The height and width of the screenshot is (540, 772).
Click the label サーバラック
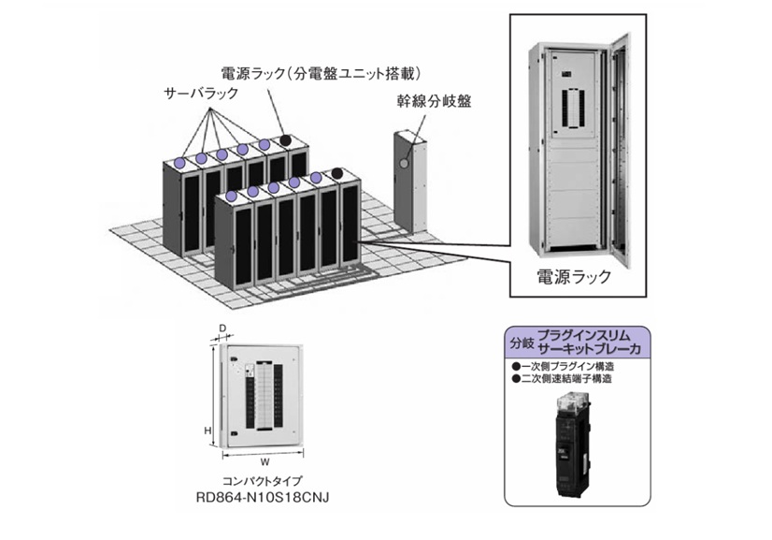(200, 95)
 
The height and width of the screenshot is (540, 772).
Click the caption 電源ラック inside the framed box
(573, 276)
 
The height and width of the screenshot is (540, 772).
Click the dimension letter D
(222, 328)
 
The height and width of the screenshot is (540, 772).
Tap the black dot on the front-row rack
(336, 173)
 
